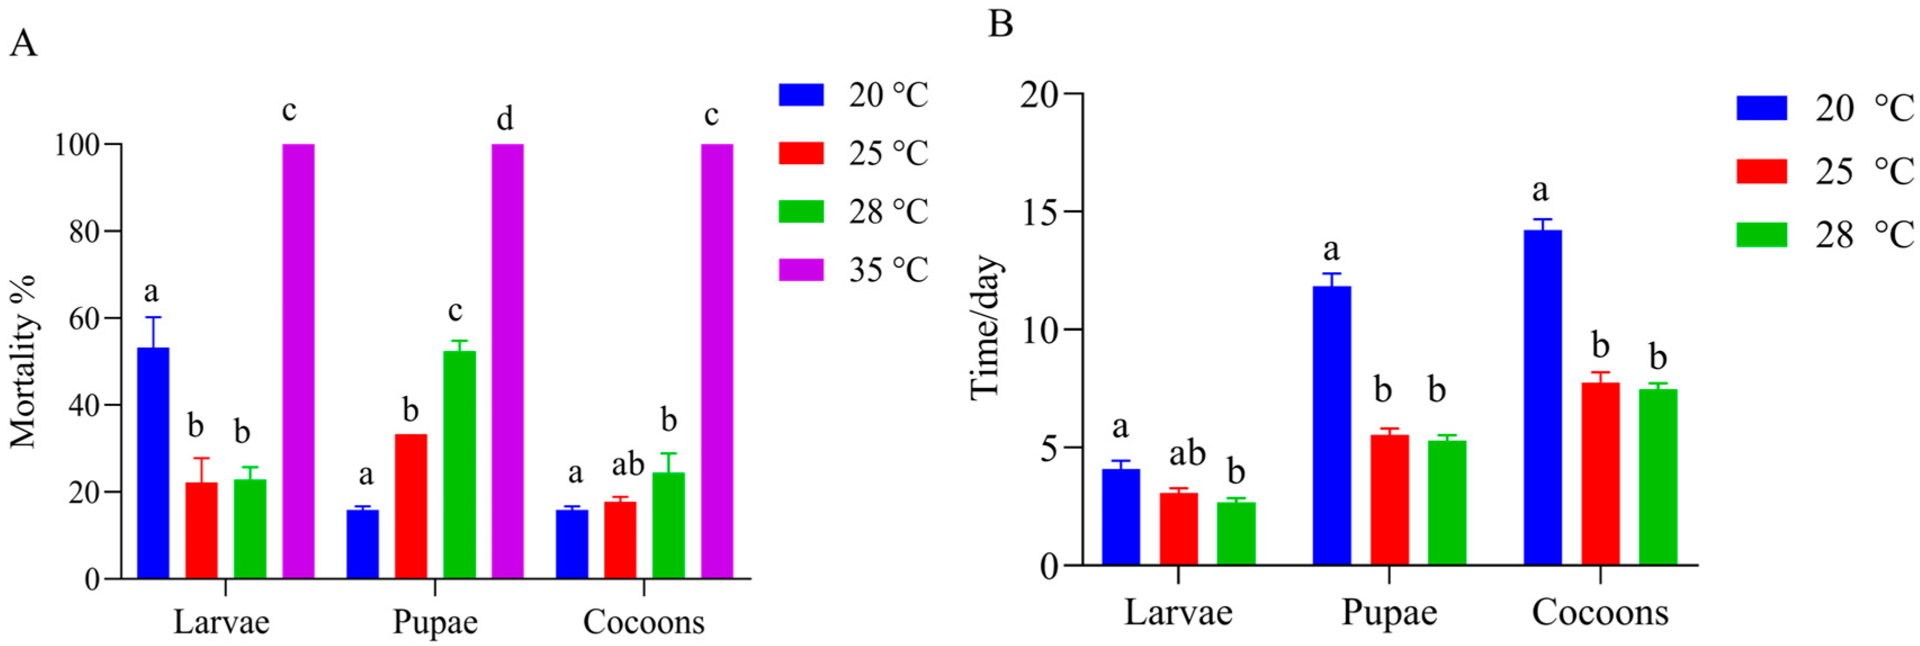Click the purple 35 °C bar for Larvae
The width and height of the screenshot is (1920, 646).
[x=298, y=362]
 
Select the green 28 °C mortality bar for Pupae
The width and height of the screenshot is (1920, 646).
[x=459, y=465]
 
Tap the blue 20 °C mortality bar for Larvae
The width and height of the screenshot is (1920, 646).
[x=153, y=463]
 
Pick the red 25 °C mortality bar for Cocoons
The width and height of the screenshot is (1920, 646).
[x=620, y=540]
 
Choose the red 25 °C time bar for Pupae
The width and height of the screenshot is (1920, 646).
[x=1389, y=500]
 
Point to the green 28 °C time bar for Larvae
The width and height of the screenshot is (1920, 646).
[x=1236, y=534]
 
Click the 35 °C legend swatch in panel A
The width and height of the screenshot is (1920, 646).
[x=801, y=270]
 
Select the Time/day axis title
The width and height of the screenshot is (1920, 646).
[x=985, y=328]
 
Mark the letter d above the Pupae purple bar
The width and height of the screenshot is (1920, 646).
[x=505, y=118]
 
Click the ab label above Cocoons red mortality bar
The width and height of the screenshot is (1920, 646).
[x=627, y=465]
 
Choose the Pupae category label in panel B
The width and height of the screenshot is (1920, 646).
[x=1389, y=612]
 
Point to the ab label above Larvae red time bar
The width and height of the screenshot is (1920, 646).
[x=1187, y=453]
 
